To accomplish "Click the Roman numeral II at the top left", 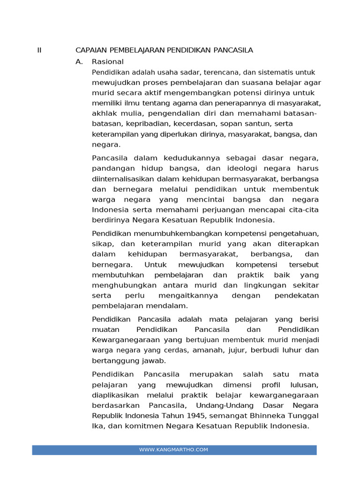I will (39, 50).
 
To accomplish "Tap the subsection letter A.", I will (79, 61).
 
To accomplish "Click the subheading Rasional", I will (108, 61).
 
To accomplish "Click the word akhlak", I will (103, 113).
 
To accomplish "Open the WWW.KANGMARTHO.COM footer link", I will (173, 450).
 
